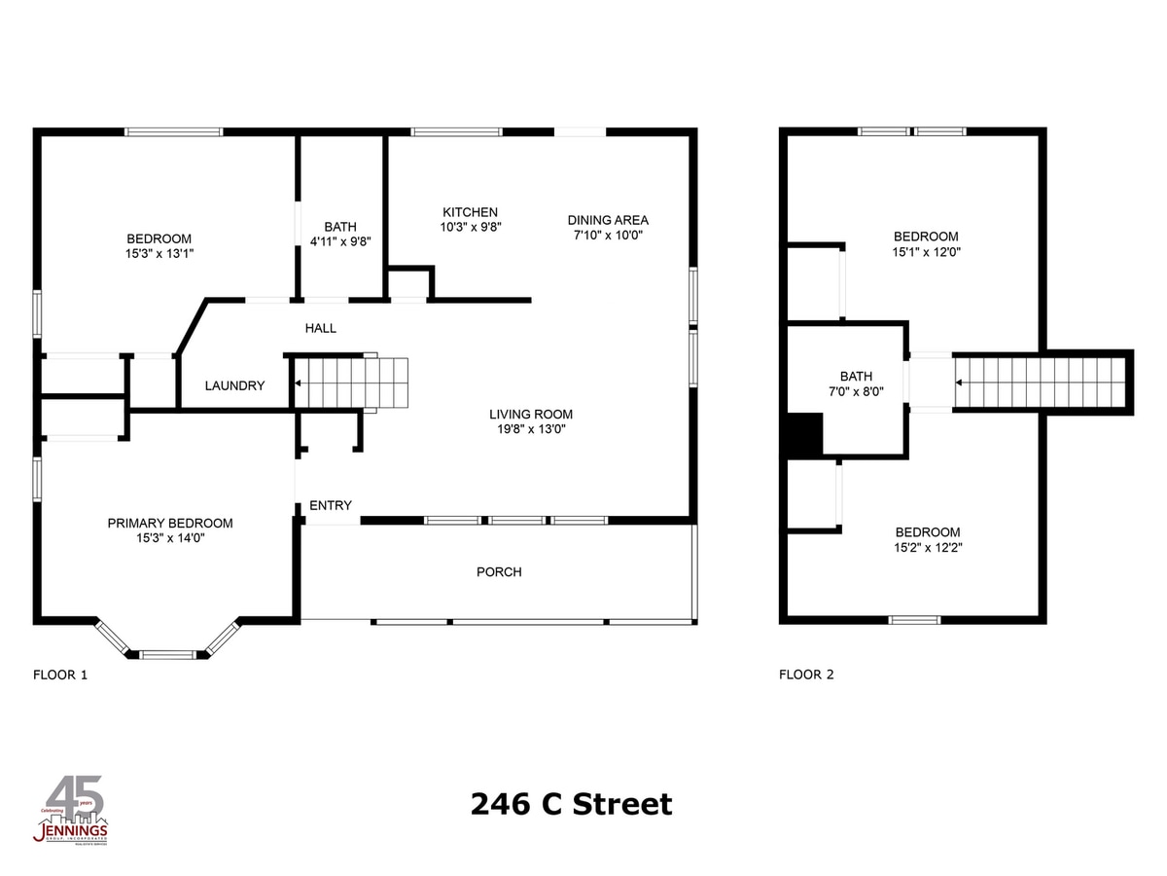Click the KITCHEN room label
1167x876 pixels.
pos(470,212)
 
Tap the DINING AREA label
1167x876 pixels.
pos(608,220)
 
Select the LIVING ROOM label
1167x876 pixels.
pos(530,414)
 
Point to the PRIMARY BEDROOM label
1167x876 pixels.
pos(170,523)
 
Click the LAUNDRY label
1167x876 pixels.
pos(234,385)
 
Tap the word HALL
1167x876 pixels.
pos(321,328)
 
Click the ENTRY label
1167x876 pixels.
pos(331,505)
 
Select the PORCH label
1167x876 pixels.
pos(499,571)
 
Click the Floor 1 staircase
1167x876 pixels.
pos(350,383)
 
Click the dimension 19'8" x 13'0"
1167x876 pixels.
pos(530,429)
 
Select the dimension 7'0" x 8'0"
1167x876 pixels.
pos(856,392)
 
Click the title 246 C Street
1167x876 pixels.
pos(571,805)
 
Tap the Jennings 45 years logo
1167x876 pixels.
pos(72,811)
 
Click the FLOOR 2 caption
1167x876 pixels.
pos(806,674)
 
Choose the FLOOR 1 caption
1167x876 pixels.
pos(60,674)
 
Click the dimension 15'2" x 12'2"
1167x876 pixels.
pos(927,548)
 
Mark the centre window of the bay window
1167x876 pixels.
pos(169,654)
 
